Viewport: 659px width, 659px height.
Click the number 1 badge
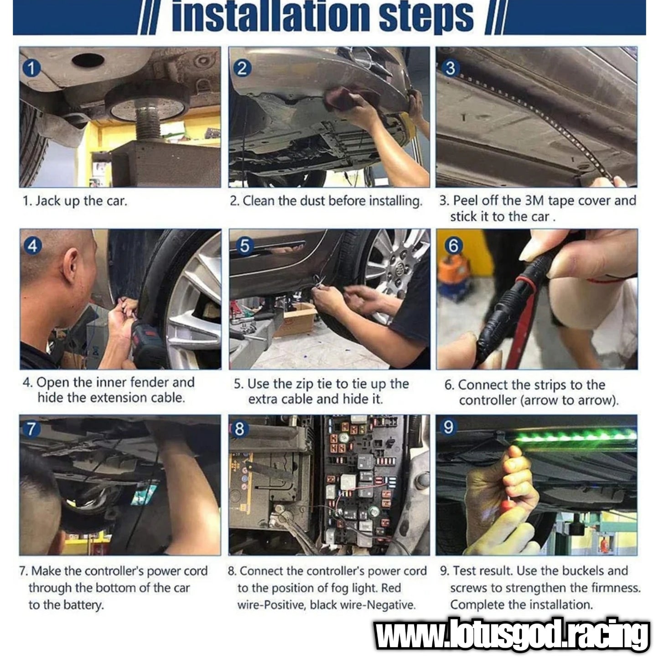pos(31,68)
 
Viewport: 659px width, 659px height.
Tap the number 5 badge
pos(244,246)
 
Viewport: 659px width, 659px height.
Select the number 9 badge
pos(448,427)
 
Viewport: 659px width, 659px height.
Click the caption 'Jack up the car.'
pos(81,201)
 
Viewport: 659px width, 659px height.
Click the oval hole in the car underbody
pos(88,60)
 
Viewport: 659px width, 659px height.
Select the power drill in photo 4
pos(148,343)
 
